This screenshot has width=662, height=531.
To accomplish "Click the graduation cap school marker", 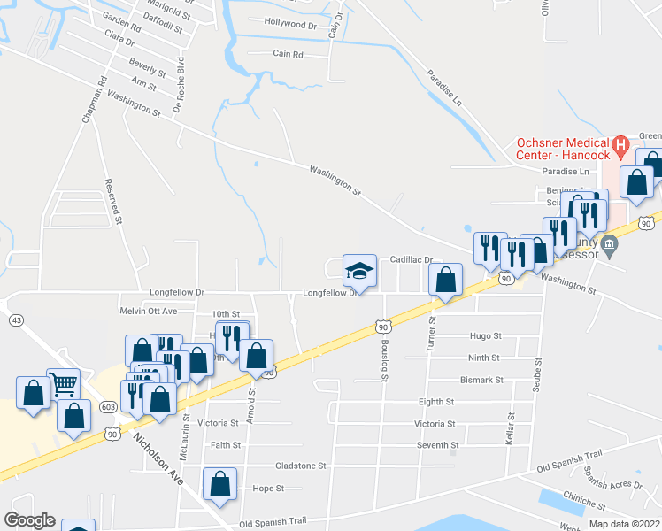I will click(x=359, y=271).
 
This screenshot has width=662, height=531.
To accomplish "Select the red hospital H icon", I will click(x=620, y=143).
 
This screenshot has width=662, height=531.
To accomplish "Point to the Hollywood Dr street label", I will click(x=290, y=25).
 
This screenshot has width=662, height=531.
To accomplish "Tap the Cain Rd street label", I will click(x=289, y=54).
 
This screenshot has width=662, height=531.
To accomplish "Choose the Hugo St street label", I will click(x=486, y=336).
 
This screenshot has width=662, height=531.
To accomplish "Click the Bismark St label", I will click(x=481, y=380).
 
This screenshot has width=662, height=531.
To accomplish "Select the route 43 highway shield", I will click(x=16, y=319).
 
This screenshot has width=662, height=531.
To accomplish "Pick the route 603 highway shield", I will click(x=108, y=406).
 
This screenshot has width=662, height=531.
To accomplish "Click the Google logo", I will click(x=29, y=519).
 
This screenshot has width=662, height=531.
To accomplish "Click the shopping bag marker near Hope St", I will click(x=219, y=484).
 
